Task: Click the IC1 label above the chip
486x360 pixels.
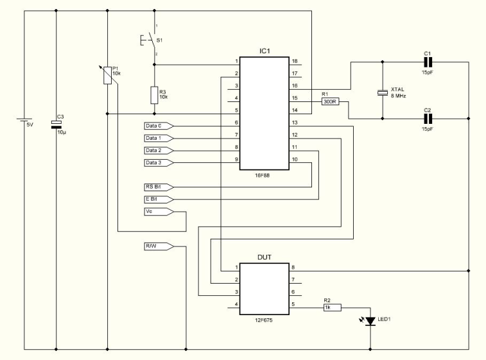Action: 265,51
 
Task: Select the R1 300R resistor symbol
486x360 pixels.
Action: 330,101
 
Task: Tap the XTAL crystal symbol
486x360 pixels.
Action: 383,92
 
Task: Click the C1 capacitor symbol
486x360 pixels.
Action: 428,62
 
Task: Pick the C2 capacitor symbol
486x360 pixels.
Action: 428,119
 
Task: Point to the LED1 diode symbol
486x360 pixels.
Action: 370,321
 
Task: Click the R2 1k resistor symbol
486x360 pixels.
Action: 333,307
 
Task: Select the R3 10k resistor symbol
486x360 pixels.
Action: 154,95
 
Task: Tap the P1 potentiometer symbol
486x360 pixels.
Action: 108,75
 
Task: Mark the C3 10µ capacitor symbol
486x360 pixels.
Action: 56,124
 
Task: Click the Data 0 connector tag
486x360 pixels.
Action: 159,126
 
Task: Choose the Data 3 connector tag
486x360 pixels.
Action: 159,162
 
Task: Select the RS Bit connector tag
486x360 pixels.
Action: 159,187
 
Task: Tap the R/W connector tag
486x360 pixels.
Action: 159,246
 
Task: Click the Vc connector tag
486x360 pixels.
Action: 159,212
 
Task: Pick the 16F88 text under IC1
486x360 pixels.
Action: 262,175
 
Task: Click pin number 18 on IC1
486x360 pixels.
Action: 295,61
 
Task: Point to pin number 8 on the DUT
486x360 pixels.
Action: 293,268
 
